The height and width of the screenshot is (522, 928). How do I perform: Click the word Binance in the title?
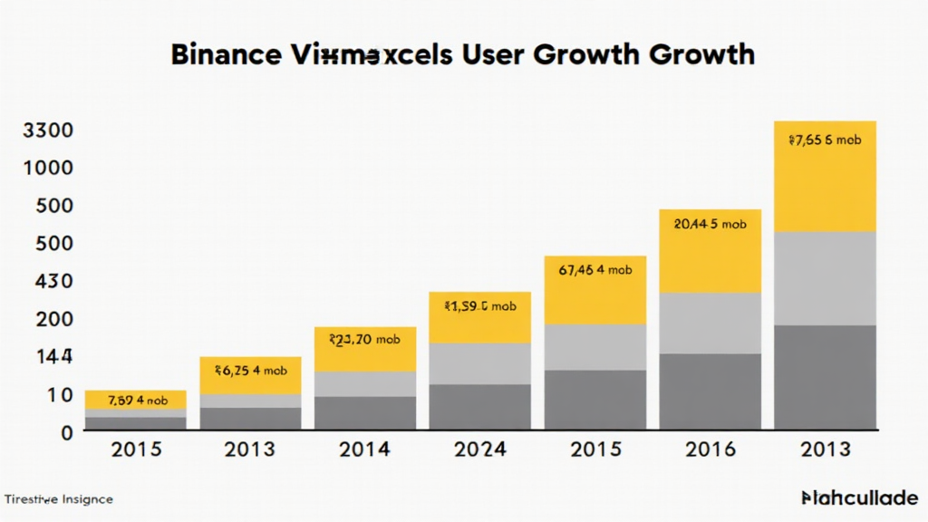[x=225, y=53]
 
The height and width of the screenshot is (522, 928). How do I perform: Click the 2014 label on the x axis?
[x=364, y=450]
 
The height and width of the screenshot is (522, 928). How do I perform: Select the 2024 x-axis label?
[x=479, y=450]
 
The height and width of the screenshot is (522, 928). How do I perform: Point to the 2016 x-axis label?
[x=710, y=450]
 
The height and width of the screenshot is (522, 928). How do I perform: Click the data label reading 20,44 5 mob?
[x=710, y=224]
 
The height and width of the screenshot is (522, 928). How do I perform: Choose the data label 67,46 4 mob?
[x=594, y=269]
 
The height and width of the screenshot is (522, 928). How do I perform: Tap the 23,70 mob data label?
[x=364, y=340]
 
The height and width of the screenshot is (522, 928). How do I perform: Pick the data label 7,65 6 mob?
[x=824, y=140]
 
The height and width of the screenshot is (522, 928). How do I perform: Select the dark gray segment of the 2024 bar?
[x=479, y=407]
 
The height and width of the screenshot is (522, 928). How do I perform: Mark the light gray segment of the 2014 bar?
[x=364, y=383]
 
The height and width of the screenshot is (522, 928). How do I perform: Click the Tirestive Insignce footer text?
[x=59, y=499]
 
